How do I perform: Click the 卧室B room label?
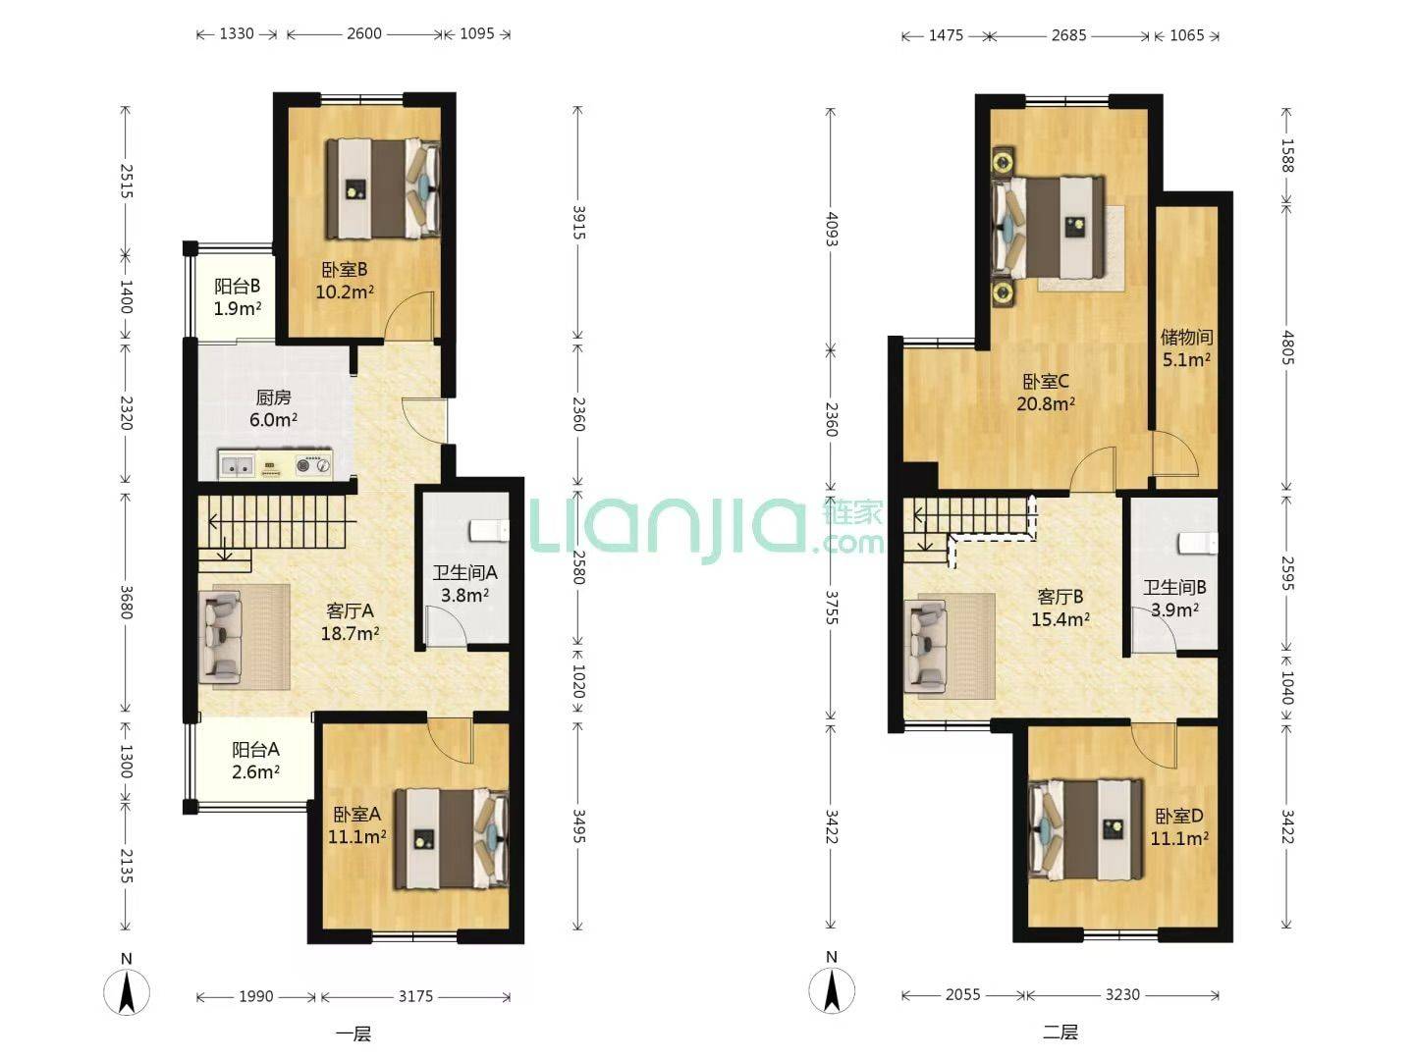345,270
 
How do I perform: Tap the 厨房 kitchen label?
273,397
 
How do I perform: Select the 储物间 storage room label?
1186,337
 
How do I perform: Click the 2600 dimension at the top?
364,33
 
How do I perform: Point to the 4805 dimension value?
1286,347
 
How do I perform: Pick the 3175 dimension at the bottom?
415,996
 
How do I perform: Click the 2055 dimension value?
962,995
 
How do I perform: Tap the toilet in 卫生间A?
489,531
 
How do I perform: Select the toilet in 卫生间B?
1198,543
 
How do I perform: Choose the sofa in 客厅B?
925,646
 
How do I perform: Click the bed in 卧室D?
1085,829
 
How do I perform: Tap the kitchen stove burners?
313,463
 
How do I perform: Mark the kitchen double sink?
236,464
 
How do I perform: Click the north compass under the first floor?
127,992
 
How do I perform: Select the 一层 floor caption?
353,1034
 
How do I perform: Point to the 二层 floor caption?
1060,1033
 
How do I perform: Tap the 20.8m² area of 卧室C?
1046,403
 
